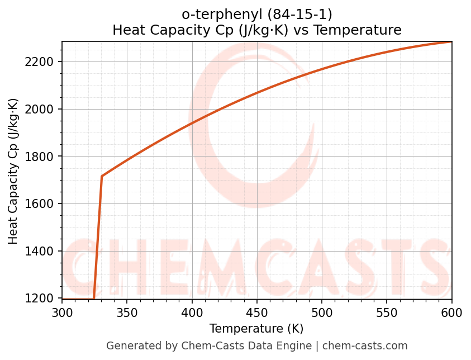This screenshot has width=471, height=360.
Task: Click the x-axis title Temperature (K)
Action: click(256, 329)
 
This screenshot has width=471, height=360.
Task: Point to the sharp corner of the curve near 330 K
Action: click(102, 177)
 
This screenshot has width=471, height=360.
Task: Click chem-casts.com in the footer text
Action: click(365, 346)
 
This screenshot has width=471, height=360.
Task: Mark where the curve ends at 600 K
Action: click(451, 42)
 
